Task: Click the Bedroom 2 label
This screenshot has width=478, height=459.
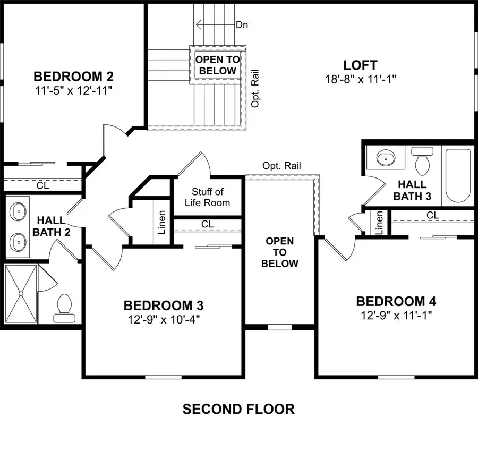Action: click(x=73, y=75)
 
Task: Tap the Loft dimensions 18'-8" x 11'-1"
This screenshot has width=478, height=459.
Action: click(x=361, y=79)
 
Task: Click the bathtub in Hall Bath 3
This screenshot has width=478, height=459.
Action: click(x=457, y=176)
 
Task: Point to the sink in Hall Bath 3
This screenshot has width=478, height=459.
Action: click(x=385, y=158)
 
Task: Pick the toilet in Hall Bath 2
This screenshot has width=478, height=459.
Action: click(x=64, y=307)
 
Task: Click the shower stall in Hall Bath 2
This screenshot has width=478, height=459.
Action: click(x=21, y=293)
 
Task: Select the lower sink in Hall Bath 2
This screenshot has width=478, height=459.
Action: click(x=19, y=242)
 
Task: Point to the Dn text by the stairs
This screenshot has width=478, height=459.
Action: click(x=242, y=24)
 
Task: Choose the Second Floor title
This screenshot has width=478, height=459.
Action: click(x=238, y=409)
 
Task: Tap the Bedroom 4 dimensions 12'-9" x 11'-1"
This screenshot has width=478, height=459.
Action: click(x=396, y=316)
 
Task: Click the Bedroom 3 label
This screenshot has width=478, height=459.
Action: click(x=164, y=305)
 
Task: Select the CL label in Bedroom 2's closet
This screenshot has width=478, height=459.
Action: click(x=42, y=186)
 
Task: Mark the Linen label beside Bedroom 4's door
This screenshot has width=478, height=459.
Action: click(x=379, y=223)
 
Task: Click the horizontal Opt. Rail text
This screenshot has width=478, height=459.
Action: click(x=281, y=166)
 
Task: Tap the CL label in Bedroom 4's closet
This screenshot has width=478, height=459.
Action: click(x=432, y=215)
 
